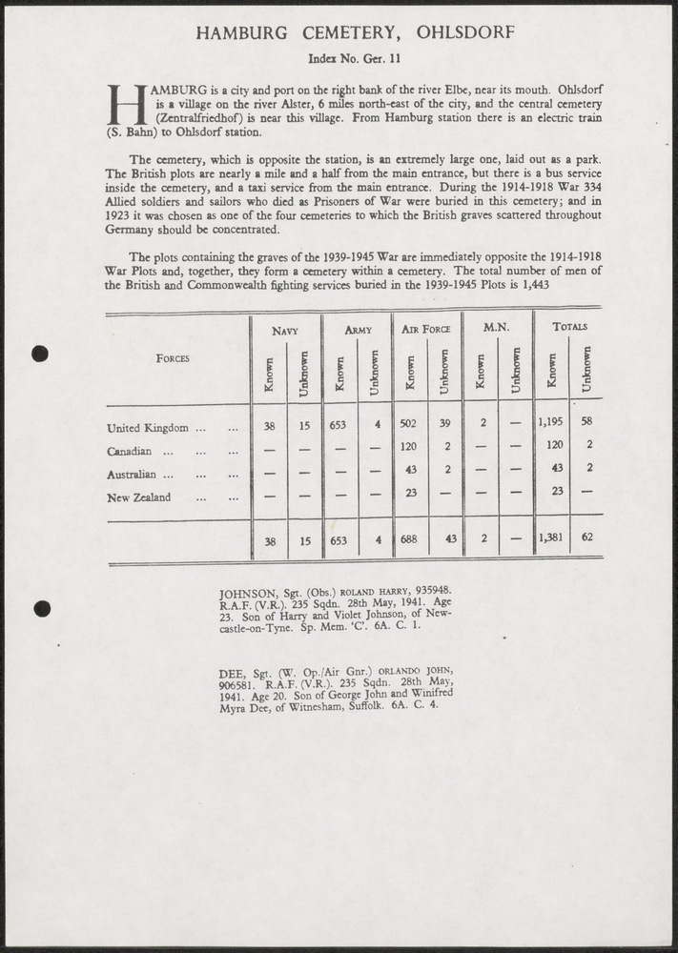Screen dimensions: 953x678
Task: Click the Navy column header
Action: [x=285, y=330]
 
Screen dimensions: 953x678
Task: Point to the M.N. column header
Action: [x=496, y=328]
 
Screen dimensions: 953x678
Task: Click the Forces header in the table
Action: [x=173, y=358]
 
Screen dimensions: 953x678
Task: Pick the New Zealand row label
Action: [x=139, y=497]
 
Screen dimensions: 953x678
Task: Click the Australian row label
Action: [x=140, y=474]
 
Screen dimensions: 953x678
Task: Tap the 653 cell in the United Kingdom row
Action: [x=339, y=427]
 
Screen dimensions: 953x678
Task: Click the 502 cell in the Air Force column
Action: [x=409, y=427]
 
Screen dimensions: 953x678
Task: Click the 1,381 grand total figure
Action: [x=550, y=537]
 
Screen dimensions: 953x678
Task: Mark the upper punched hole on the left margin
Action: [x=40, y=354]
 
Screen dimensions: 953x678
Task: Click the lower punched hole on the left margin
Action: [x=40, y=608]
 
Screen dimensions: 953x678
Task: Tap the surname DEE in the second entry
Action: [x=232, y=672]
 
